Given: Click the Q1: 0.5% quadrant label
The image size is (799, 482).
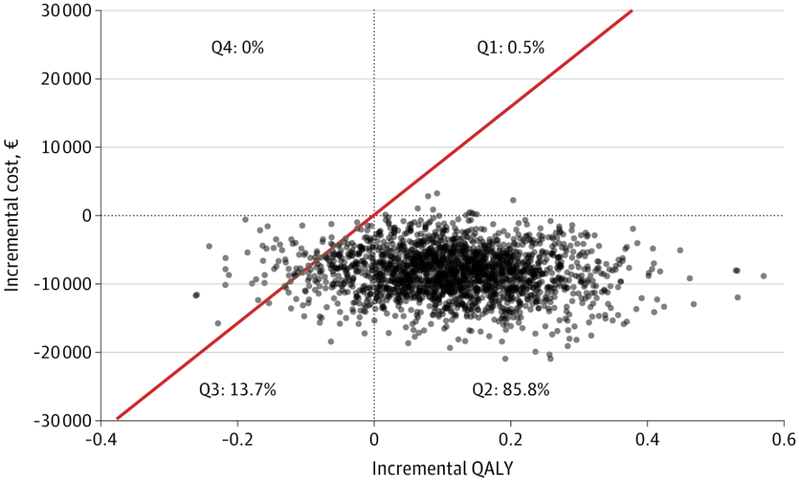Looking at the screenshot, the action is coord(510,47).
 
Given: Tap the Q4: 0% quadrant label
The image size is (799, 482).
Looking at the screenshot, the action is coord(237,47).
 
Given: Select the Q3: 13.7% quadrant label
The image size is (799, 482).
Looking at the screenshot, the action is coord(237,389).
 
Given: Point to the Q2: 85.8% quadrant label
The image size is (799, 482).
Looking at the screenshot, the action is coord(510,389).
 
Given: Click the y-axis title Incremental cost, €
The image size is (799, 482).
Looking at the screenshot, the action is coord(12,215).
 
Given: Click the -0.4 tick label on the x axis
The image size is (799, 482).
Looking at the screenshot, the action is coord(101,439).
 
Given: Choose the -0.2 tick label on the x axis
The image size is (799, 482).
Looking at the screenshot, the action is coord(237,439).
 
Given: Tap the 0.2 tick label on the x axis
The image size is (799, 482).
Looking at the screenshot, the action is coord(510,439).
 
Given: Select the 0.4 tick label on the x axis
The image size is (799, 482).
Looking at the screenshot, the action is coord(647,439).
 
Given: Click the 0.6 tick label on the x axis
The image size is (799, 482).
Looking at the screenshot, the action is coord(783,439).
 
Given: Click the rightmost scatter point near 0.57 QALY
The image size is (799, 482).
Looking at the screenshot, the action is coord(763,276).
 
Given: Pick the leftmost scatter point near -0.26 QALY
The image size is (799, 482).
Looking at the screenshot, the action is coord(196,295).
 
